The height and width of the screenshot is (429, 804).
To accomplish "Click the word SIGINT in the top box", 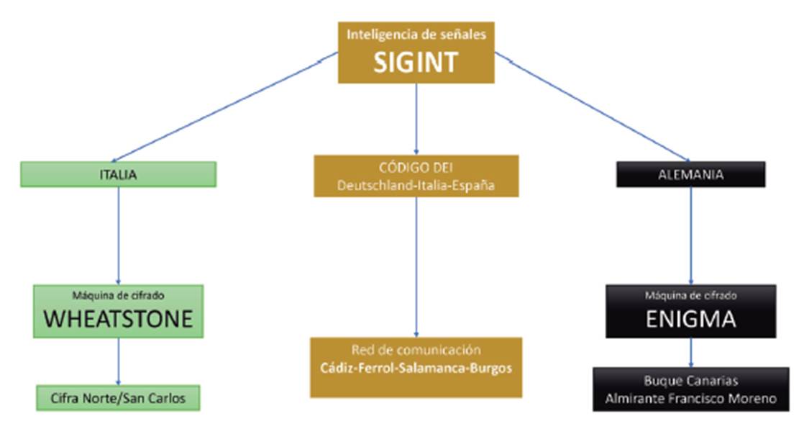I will point(415,63).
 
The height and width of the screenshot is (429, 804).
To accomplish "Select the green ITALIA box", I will point(118,174).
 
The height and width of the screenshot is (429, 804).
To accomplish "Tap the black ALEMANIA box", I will point(690,174).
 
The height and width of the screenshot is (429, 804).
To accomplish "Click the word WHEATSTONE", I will point(119,319).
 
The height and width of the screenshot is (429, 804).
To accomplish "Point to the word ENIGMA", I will point(690,319).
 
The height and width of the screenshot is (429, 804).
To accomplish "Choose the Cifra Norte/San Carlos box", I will point(118,397).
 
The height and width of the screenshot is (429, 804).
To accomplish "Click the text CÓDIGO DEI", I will point(415,168).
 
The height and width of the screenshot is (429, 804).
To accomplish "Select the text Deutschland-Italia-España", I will point(416,185).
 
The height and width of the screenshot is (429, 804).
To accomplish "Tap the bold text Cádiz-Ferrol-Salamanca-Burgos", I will point(416,369).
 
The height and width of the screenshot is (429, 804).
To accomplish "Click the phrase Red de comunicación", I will point(416,351).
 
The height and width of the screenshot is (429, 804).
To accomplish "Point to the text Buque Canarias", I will point(690,381).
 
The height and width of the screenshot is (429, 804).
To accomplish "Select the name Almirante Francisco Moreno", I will point(690,398).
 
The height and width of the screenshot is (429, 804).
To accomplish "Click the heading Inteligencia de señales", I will point(415,34).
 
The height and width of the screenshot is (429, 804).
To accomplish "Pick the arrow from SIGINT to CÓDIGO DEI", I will point(416,119).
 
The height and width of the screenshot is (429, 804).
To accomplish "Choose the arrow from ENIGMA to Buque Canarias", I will point(691,353).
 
